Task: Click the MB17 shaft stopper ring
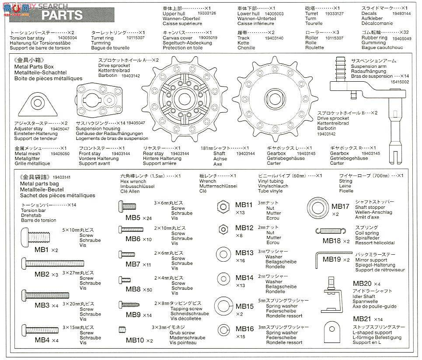point(318,205)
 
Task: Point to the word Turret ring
point(101,38)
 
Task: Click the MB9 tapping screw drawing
point(129,305)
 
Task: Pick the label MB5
point(133,218)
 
